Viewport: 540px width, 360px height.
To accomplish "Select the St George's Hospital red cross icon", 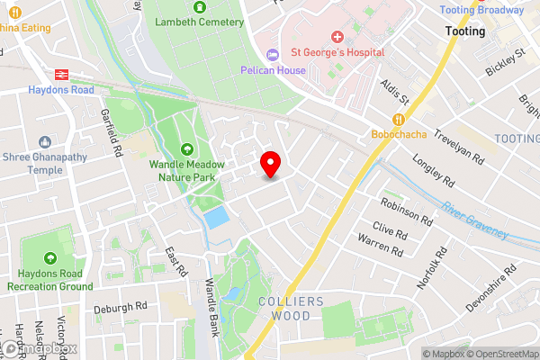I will [x=337, y=37].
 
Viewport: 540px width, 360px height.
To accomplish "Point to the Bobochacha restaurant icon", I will [x=397, y=119].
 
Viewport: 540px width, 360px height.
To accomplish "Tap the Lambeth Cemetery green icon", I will [x=187, y=4].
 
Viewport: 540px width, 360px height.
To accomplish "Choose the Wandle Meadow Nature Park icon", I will [x=187, y=149].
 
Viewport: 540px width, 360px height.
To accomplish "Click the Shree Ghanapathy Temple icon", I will [x=45, y=141].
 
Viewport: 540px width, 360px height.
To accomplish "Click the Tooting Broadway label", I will [x=481, y=10].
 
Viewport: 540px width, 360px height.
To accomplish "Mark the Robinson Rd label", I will [x=406, y=211].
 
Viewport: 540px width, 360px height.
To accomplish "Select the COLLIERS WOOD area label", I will [x=284, y=309].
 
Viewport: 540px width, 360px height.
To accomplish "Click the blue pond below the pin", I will [x=216, y=217].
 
